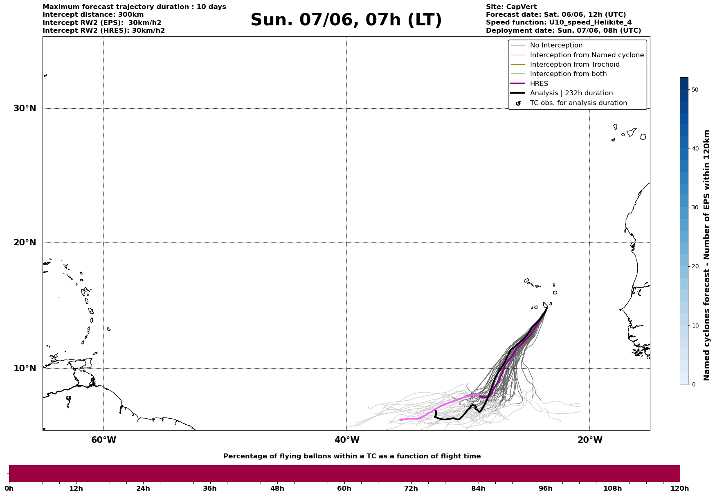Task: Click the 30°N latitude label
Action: (25, 108)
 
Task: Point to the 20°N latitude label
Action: (25, 242)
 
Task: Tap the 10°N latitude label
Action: (25, 368)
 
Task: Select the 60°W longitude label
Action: (103, 440)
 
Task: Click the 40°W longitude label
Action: (347, 440)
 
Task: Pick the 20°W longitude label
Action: (590, 440)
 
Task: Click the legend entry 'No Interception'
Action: (556, 45)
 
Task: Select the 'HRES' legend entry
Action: (539, 84)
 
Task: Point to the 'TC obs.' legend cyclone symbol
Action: (518, 103)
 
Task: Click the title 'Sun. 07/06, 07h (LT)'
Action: (346, 20)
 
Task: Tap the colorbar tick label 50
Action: (695, 90)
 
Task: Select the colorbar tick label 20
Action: (695, 267)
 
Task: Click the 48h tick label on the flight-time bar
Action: (277, 489)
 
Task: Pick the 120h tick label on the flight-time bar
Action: (679, 489)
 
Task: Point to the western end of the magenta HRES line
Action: (400, 420)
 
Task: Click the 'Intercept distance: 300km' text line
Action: (93, 15)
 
